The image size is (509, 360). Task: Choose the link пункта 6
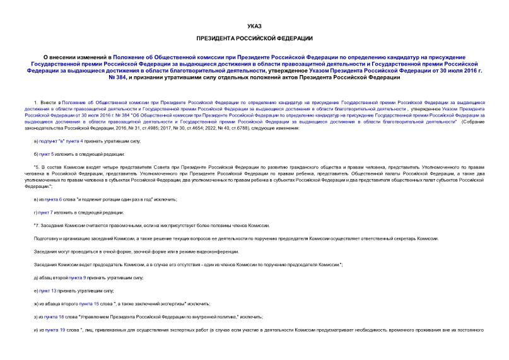(x=50, y=199)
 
